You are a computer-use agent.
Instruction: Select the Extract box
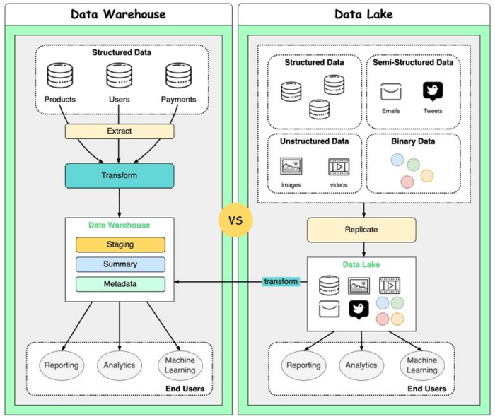[120, 131]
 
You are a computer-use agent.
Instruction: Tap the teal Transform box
[120, 176]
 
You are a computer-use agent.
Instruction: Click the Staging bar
[120, 244]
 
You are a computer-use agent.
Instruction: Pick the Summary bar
[120, 264]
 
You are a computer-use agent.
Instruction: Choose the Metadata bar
[120, 284]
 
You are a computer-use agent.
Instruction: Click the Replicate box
[361, 230]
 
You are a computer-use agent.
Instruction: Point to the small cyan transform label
[281, 282]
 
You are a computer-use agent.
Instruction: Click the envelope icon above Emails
[391, 92]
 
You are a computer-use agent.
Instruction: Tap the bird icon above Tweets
[433, 91]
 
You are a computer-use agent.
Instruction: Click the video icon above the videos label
[339, 167]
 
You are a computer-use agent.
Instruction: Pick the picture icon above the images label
[291, 167]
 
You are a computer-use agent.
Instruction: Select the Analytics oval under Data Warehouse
[120, 365]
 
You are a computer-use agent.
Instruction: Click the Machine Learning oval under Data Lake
[421, 365]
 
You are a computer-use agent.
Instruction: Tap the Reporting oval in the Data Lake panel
[303, 365]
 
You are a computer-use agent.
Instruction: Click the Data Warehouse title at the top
[120, 14]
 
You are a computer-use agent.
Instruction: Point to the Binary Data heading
[413, 141]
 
